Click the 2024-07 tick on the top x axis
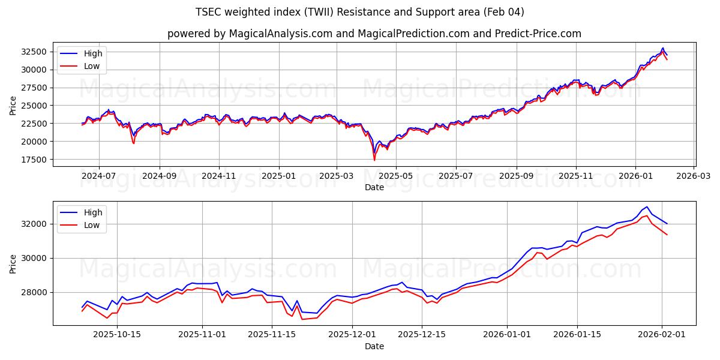pos(98,176)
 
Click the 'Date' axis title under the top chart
pos(374,188)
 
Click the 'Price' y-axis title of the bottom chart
pos(13,263)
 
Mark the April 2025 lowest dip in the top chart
pos(374,160)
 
